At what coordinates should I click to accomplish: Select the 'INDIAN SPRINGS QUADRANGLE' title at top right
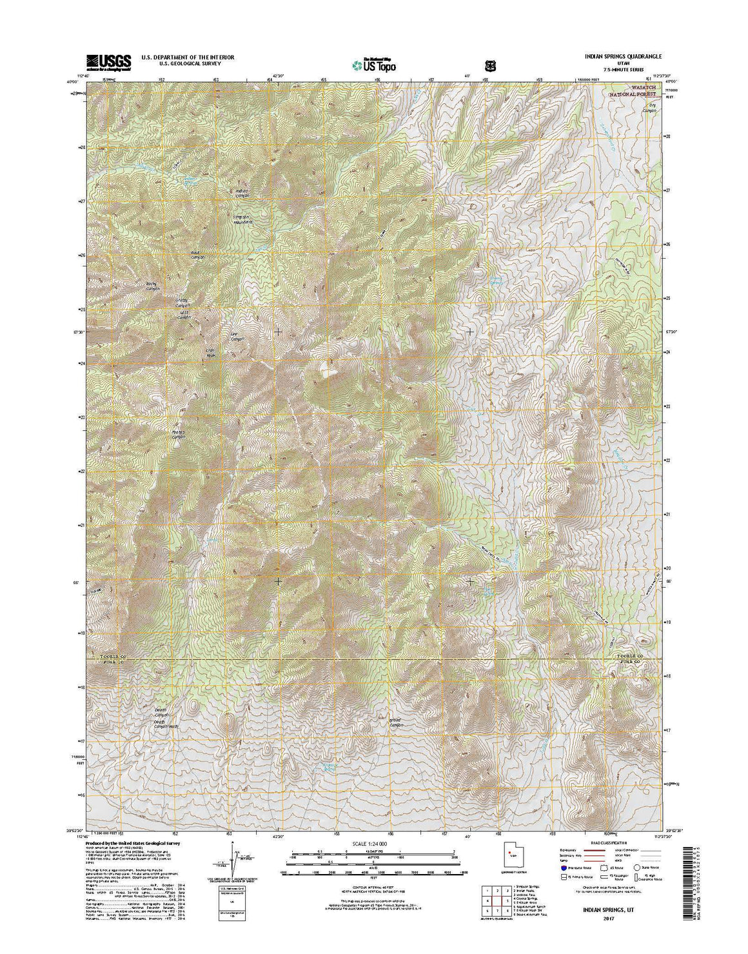[x=614, y=57]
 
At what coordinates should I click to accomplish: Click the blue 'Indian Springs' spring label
[x=191, y=181]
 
